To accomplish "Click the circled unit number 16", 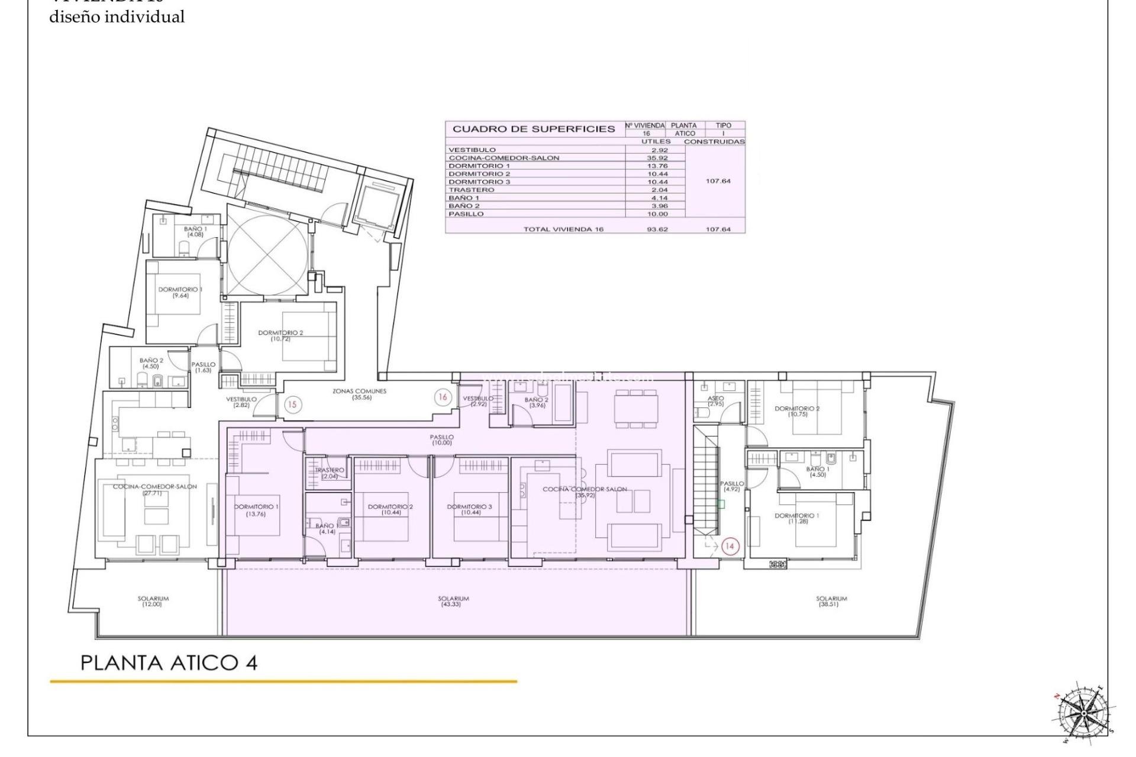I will (443, 397).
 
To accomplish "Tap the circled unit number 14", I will (729, 546).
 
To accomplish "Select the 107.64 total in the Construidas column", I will (718, 229).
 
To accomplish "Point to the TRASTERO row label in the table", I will (471, 190).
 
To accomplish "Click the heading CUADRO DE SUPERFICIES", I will (534, 129).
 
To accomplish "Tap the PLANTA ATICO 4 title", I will (169, 663).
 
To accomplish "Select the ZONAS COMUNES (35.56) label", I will (359, 394).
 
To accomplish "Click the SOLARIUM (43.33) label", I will (454, 601).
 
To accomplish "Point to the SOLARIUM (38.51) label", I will (831, 601).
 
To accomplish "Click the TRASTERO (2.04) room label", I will (330, 473).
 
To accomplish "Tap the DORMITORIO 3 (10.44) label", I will (469, 509).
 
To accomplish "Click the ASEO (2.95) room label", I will (715, 401).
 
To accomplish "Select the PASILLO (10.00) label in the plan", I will (441, 439).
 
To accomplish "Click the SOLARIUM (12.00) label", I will (153, 601).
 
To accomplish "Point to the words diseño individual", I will (117, 17).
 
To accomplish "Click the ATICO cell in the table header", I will (685, 134).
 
